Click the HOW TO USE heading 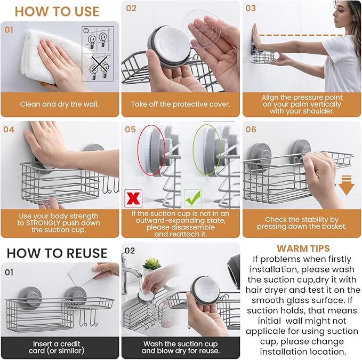pyautogui.click(x=57, y=11)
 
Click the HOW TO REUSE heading pyautogui.click(x=57, y=253)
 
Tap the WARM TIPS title pyautogui.click(x=303, y=248)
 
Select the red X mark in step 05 pyautogui.click(x=132, y=197)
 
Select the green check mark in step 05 pyautogui.click(x=192, y=198)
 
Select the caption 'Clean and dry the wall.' pyautogui.click(x=60, y=104)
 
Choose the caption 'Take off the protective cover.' pyautogui.click(x=181, y=104)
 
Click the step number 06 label pyautogui.click(x=251, y=129)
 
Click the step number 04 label pyautogui.click(x=9, y=129)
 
